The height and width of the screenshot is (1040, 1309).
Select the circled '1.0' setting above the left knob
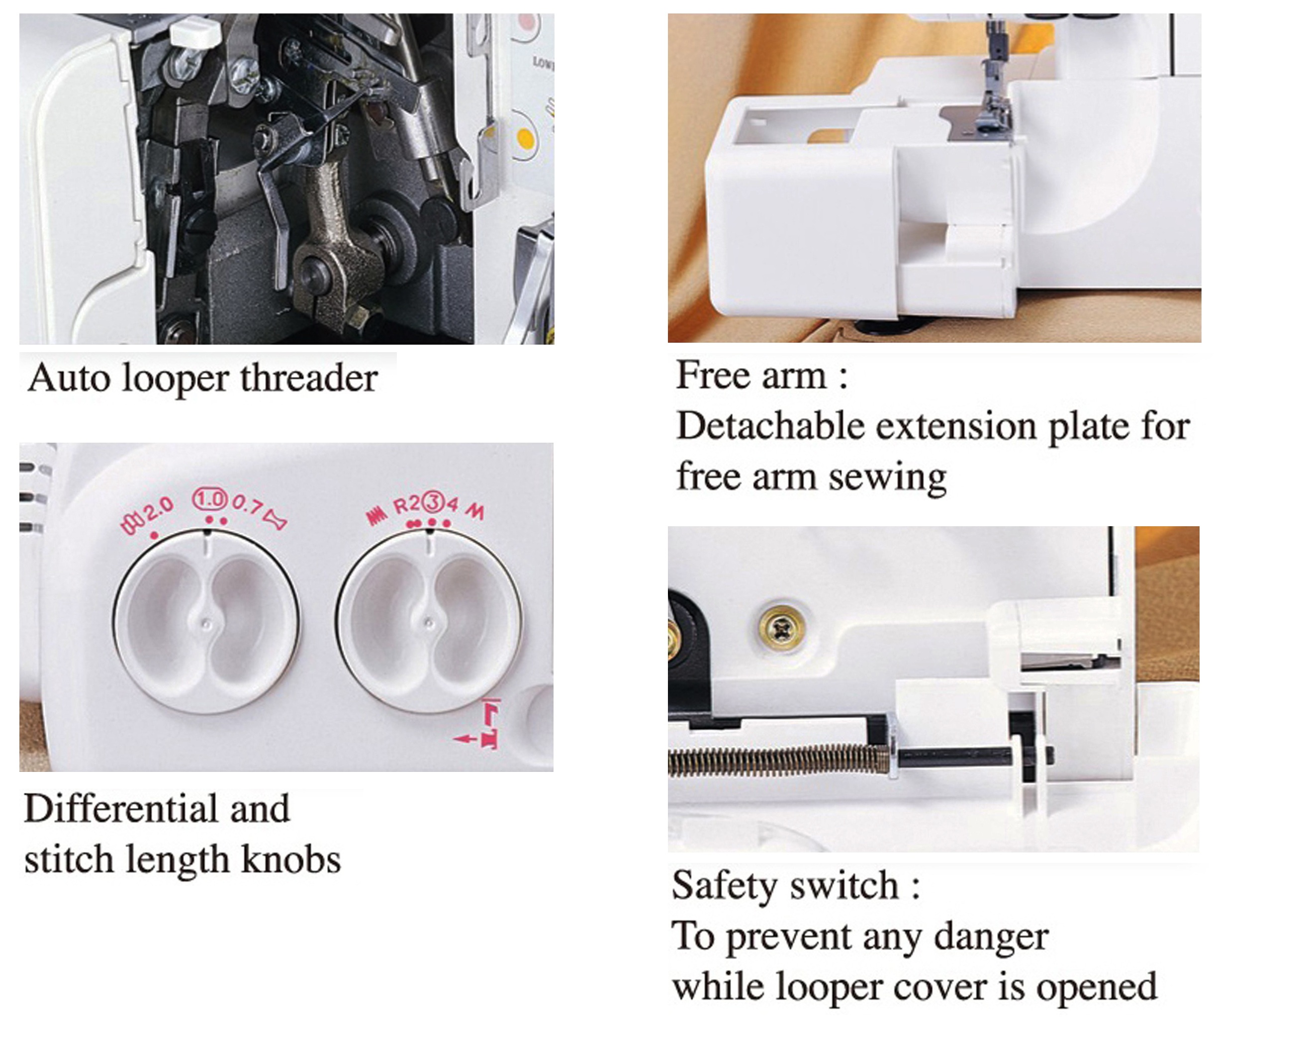coord(210,500)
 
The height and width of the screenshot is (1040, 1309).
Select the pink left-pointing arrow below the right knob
coord(466,739)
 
